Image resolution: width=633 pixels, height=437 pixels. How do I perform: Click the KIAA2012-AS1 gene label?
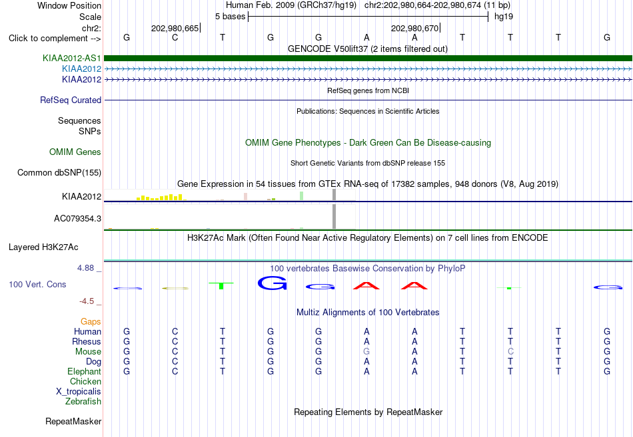(71, 59)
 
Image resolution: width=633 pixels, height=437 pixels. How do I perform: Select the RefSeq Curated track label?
(71, 100)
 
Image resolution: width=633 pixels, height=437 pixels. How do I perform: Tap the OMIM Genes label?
(75, 152)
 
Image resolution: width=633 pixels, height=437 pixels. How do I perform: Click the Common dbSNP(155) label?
(59, 172)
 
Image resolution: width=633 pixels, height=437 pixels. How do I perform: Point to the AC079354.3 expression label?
(77, 218)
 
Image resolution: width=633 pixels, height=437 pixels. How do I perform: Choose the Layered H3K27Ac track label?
(43, 247)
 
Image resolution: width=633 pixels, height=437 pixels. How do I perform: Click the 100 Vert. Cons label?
(37, 284)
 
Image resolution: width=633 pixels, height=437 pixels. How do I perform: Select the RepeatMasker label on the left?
(73, 421)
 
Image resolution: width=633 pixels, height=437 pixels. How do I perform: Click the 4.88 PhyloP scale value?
(85, 268)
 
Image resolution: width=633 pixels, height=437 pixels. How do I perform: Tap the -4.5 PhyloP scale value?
(87, 301)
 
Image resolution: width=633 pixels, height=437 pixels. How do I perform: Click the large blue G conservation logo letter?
(272, 283)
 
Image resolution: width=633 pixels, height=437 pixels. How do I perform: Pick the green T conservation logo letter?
(221, 285)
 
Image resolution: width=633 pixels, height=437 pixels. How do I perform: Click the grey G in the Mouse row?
(366, 352)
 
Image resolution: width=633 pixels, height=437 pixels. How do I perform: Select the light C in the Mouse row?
(510, 352)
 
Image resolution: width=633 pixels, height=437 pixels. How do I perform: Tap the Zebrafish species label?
(83, 402)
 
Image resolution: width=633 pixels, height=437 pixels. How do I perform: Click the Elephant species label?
(85, 371)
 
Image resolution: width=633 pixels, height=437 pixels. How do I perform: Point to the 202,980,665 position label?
(175, 28)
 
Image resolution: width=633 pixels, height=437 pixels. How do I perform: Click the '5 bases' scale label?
(230, 17)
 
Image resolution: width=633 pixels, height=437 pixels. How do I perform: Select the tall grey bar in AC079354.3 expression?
(334, 216)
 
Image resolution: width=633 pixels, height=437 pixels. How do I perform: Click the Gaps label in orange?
(91, 322)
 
